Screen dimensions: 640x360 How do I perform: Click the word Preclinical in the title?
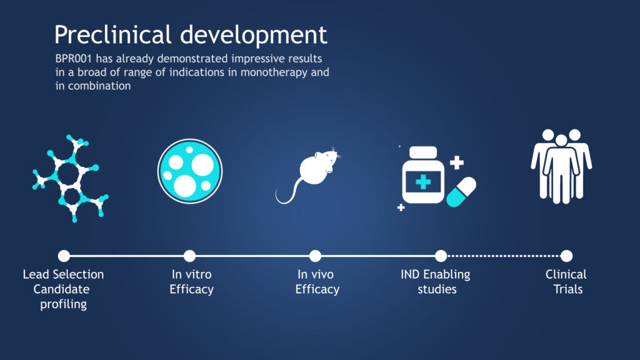point(112,35)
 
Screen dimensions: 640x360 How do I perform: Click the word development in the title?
point(254,35)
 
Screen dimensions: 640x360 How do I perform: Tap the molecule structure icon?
point(71,178)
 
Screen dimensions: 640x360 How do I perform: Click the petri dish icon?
point(190,171)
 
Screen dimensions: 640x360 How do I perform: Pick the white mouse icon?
point(309,175)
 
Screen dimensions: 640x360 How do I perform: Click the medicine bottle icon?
point(423,176)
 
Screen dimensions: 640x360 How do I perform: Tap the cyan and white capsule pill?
point(461,192)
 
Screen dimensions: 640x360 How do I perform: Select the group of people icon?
point(561,166)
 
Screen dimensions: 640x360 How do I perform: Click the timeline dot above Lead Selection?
point(64,256)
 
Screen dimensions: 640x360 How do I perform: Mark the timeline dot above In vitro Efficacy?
point(189,256)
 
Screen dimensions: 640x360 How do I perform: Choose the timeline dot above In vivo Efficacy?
point(315,256)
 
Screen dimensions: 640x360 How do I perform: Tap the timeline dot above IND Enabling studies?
point(441,256)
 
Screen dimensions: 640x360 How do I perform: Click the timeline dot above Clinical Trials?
point(566,256)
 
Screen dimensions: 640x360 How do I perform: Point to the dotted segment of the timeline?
point(504,256)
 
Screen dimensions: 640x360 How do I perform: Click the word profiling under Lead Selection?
point(63,304)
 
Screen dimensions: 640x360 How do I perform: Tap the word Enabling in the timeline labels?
point(446,275)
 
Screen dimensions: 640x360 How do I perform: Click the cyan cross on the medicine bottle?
point(423,182)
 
